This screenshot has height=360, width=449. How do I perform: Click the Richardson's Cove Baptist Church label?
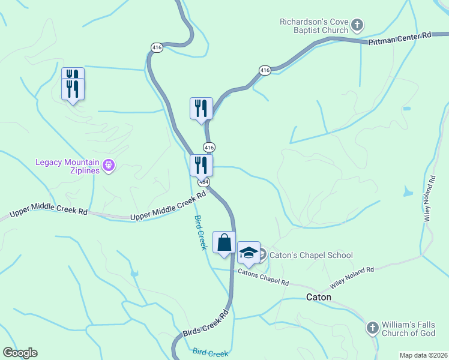[314, 26]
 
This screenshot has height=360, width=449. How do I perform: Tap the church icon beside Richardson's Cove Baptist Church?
[357, 25]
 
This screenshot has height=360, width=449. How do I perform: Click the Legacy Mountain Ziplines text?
[67, 166]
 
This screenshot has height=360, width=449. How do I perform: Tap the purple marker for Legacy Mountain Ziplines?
[109, 165]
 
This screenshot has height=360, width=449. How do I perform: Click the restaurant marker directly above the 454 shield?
[200, 165]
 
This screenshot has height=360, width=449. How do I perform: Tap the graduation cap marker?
[249, 252]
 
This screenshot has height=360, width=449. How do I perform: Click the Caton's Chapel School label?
[310, 255]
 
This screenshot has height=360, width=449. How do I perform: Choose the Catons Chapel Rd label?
[263, 277]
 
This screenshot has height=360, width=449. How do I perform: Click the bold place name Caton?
[319, 297]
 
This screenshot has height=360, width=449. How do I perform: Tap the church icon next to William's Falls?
[372, 328]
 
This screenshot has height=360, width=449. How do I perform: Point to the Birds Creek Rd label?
[206, 323]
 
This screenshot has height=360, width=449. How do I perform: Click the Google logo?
[20, 353]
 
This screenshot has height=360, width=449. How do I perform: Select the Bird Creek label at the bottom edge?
[210, 353]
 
